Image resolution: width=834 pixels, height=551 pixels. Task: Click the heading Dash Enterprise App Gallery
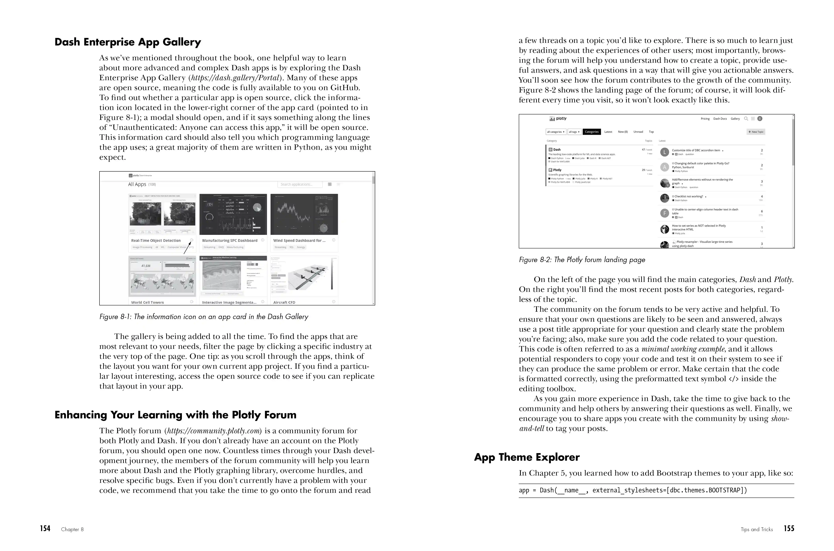click(127, 42)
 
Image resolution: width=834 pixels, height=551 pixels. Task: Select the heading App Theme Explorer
click(526, 457)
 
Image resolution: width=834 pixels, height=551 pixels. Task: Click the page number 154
click(45, 529)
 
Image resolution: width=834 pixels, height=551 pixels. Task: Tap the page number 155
click(789, 529)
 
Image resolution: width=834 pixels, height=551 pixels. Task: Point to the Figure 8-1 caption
click(204, 317)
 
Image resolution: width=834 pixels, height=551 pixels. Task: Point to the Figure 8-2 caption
click(582, 260)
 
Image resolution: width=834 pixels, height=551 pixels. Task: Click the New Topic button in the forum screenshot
click(756, 132)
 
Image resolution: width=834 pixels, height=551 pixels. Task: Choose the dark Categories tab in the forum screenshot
click(592, 132)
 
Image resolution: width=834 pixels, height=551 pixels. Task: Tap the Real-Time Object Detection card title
click(156, 241)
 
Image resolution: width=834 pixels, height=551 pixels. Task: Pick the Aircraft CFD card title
click(284, 302)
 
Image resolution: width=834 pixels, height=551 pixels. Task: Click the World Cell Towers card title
click(147, 302)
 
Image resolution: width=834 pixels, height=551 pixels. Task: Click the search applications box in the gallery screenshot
click(300, 184)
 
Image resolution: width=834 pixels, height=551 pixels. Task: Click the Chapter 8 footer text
click(72, 529)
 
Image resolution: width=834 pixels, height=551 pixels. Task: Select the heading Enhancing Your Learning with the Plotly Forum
click(175, 415)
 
